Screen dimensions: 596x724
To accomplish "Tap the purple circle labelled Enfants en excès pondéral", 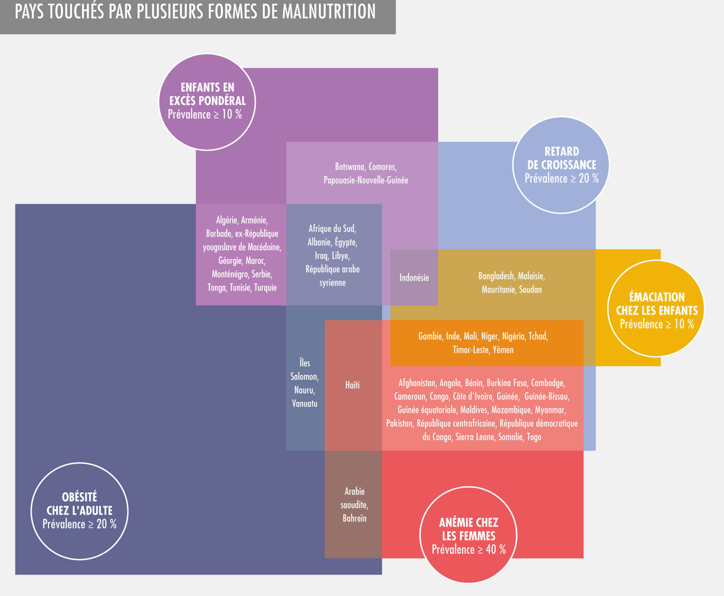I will pos(207,102).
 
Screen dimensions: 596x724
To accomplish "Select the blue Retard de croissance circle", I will pos(561,165).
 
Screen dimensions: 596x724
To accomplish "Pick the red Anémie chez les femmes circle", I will pos(468,535).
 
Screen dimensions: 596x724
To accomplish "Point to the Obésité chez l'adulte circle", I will pos(79,511).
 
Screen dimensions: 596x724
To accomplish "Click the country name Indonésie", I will pos(414,278).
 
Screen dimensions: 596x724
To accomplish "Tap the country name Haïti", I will pos(352,385).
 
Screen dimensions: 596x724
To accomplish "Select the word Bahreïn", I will pos(354,518).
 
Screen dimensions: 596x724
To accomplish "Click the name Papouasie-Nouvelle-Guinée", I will pos(366,180).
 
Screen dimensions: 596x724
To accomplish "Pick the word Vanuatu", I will pos(304,403).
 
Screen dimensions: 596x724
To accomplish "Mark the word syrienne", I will pos(332,283).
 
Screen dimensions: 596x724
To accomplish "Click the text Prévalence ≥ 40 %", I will pos(468,550).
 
